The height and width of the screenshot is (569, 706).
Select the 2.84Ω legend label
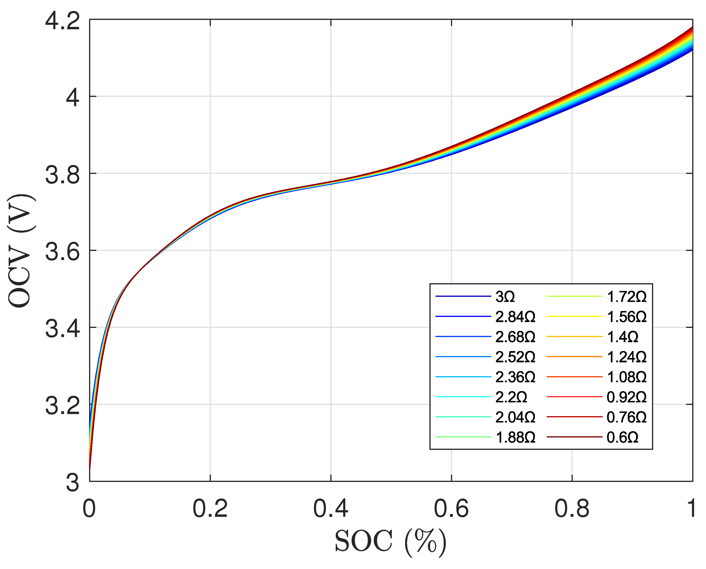(515, 317)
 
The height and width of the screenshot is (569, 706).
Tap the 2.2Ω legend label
(511, 397)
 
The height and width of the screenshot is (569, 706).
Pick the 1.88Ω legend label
(515, 437)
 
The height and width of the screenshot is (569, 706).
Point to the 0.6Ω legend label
(622, 437)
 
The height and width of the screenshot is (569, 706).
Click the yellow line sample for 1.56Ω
(574, 317)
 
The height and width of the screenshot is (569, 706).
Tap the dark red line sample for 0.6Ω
(574, 437)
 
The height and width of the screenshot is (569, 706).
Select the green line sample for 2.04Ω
(463, 417)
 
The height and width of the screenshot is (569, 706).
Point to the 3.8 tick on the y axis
(62, 174)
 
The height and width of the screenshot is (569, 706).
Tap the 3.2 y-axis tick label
(62, 405)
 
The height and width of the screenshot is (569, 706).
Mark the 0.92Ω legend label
(627, 397)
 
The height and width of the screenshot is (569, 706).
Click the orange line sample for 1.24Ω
(574, 357)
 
